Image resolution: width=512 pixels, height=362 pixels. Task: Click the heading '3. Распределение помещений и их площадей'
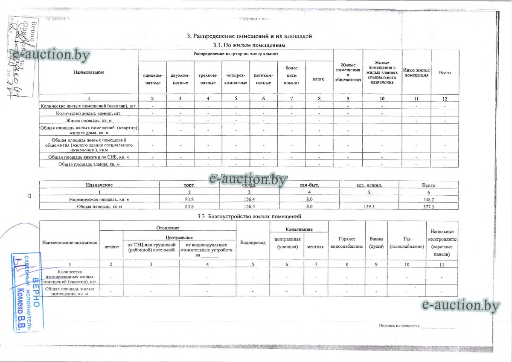click(x=249, y=36)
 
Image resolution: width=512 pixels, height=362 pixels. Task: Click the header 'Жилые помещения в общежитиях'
click(x=348, y=72)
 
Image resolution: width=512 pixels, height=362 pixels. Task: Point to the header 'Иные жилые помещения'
click(x=416, y=72)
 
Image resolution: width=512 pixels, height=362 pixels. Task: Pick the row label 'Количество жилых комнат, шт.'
click(x=89, y=113)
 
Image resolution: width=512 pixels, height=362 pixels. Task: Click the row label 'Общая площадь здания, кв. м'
click(x=89, y=164)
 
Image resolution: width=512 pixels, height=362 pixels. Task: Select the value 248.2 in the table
click(x=428, y=199)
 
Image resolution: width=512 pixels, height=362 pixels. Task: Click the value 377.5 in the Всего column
click(x=428, y=206)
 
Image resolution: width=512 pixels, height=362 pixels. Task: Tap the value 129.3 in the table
click(x=369, y=206)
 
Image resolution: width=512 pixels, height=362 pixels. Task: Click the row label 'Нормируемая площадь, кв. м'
click(x=99, y=199)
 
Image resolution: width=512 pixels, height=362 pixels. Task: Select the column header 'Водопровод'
click(x=253, y=242)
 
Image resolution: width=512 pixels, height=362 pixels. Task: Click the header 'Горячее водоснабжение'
click(x=346, y=243)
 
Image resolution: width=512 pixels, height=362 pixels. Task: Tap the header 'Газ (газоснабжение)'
click(x=407, y=243)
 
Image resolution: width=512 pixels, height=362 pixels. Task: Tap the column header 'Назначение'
click(x=99, y=185)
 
